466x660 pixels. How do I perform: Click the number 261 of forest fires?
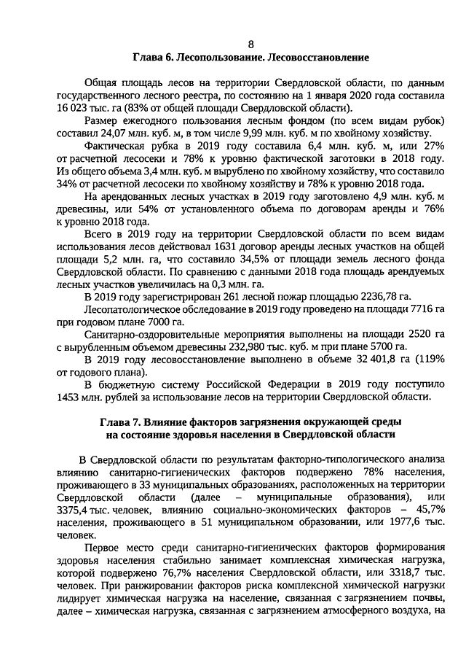(x=200, y=297)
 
